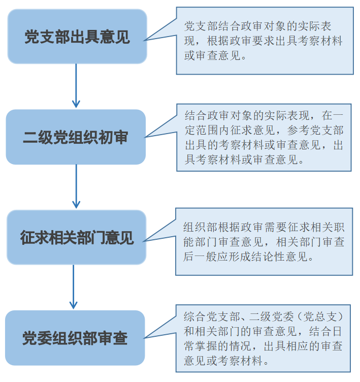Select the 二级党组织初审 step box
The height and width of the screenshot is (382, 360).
click(76, 137)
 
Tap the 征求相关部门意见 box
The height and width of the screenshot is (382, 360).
click(77, 237)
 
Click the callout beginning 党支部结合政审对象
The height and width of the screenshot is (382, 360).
click(265, 41)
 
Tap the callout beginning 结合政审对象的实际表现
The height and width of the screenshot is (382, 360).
click(264, 138)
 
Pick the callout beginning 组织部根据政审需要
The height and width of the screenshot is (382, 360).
click(264, 241)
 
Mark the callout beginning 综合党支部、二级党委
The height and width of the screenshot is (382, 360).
click(264, 339)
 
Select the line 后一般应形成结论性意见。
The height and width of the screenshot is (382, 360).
click(248, 257)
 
